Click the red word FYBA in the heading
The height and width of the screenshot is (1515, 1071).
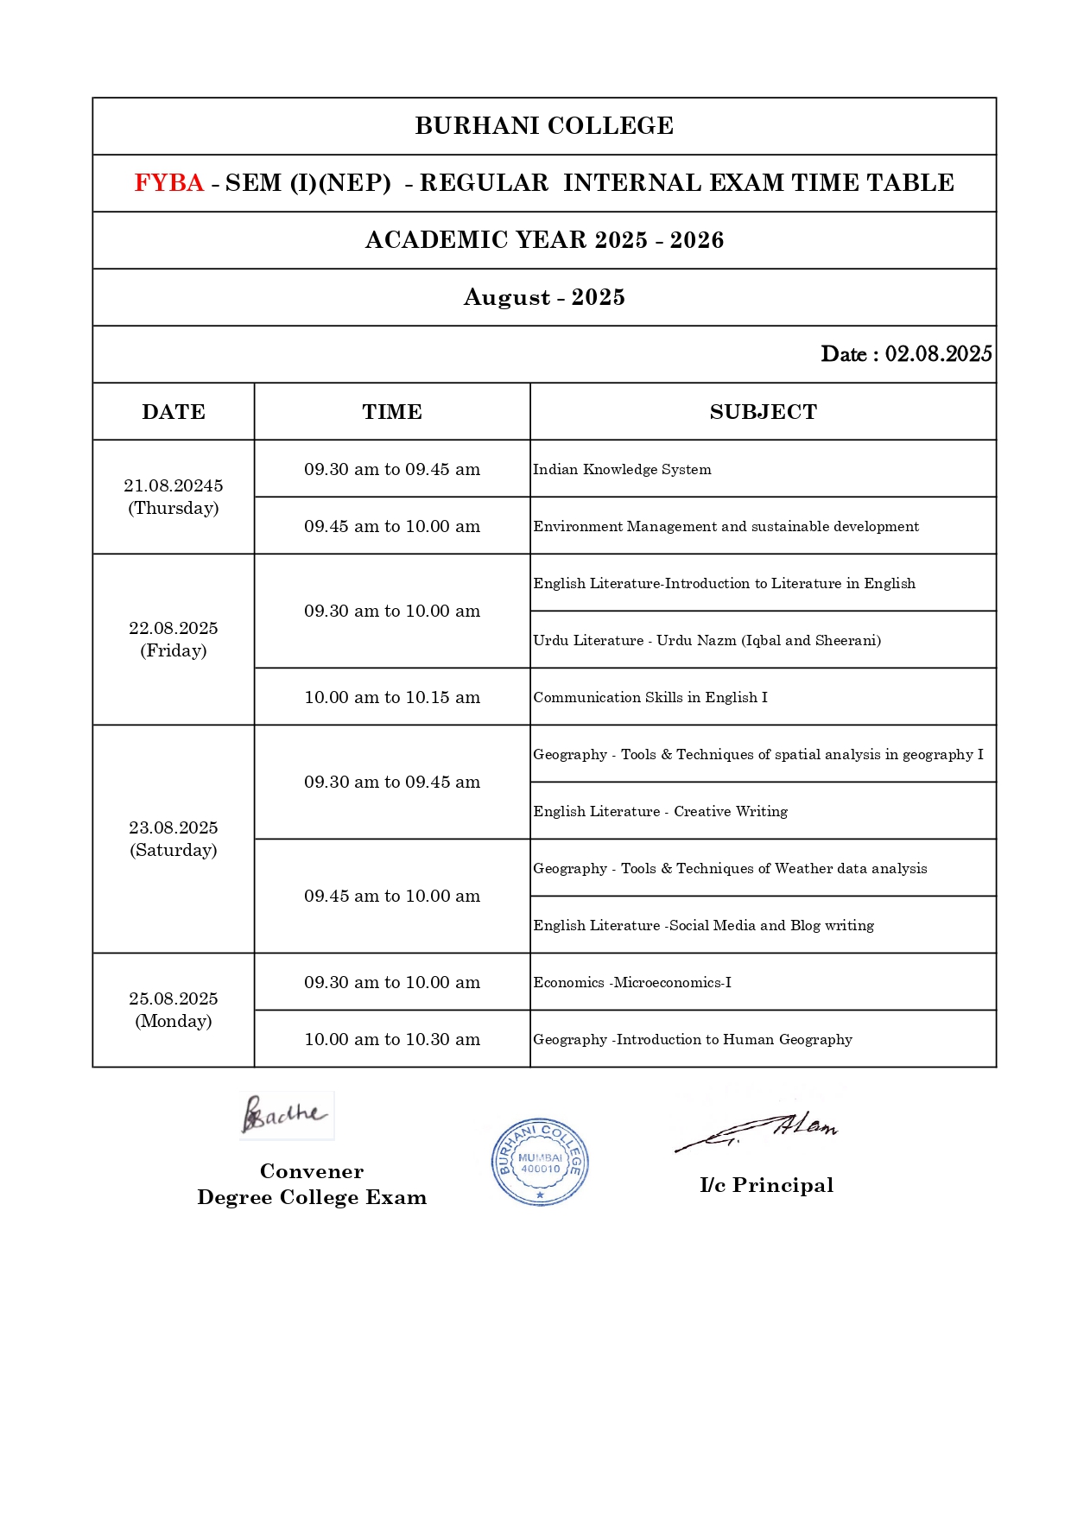click(x=168, y=183)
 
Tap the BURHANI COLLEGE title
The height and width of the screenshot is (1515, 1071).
click(x=544, y=126)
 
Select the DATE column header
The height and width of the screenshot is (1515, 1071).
click(x=174, y=412)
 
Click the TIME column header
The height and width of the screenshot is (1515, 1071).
click(x=392, y=412)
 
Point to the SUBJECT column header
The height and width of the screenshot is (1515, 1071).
click(x=763, y=412)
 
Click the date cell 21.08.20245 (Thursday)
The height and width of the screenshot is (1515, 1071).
click(x=174, y=497)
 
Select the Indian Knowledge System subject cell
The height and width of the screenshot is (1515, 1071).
click(x=622, y=469)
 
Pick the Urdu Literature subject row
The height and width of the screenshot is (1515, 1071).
click(x=707, y=640)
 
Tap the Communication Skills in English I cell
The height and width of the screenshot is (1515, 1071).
click(x=650, y=697)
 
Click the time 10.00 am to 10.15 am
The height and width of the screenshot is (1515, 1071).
click(x=392, y=697)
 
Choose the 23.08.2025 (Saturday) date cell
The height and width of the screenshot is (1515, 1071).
click(x=174, y=839)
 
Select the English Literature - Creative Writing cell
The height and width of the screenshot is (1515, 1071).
click(x=660, y=811)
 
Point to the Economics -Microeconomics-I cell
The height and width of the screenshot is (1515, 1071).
click(x=631, y=982)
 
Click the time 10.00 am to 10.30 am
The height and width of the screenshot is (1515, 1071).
click(x=392, y=1039)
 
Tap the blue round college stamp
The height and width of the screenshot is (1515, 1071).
click(x=540, y=1162)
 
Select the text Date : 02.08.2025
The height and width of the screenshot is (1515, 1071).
click(x=905, y=354)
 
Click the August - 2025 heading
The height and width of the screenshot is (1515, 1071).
click(x=544, y=297)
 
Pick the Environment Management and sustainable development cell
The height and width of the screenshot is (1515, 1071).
click(x=726, y=526)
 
